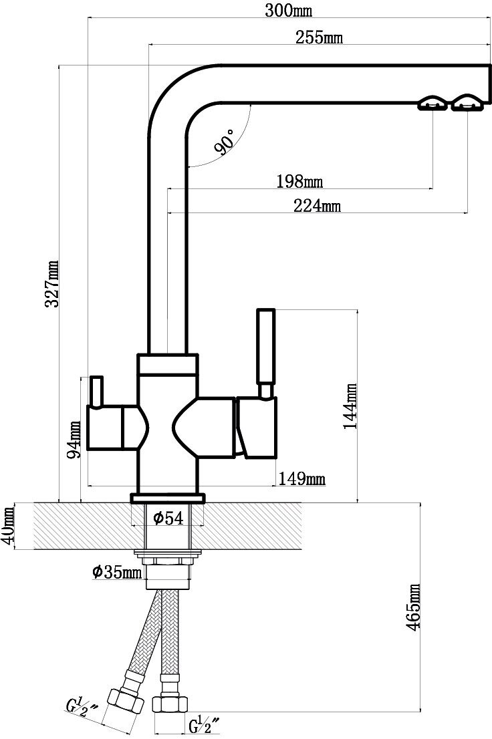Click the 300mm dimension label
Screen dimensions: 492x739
pyautogui.click(x=288, y=11)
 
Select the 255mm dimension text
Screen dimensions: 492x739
pyautogui.click(x=319, y=37)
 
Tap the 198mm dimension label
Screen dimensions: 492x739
pyautogui.click(x=299, y=182)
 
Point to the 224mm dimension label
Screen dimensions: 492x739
pyautogui.click(x=317, y=206)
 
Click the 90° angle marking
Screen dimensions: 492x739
pyautogui.click(x=225, y=142)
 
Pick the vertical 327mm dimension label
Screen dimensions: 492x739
pyautogui.click(x=51, y=284)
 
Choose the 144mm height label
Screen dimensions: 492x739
pyautogui.click(x=350, y=406)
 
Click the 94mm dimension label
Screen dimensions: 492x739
pyautogui.click(x=74, y=440)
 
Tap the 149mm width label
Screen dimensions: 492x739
pyautogui.click(x=302, y=479)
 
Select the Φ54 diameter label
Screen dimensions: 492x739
pyautogui.click(x=168, y=519)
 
